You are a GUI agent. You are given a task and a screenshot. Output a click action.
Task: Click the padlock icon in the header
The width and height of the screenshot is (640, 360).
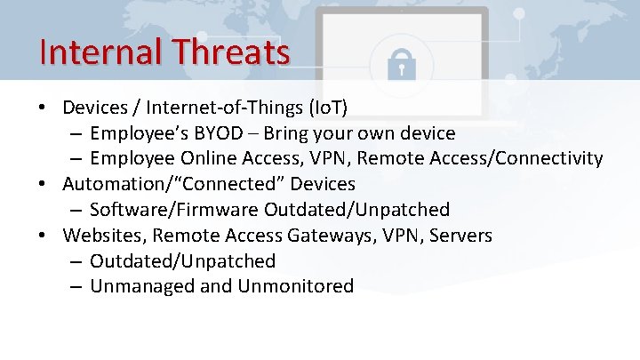point(402,60)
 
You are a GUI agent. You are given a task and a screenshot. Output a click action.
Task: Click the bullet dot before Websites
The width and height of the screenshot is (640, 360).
point(43,236)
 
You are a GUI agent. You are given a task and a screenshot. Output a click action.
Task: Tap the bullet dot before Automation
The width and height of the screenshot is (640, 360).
point(43,184)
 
